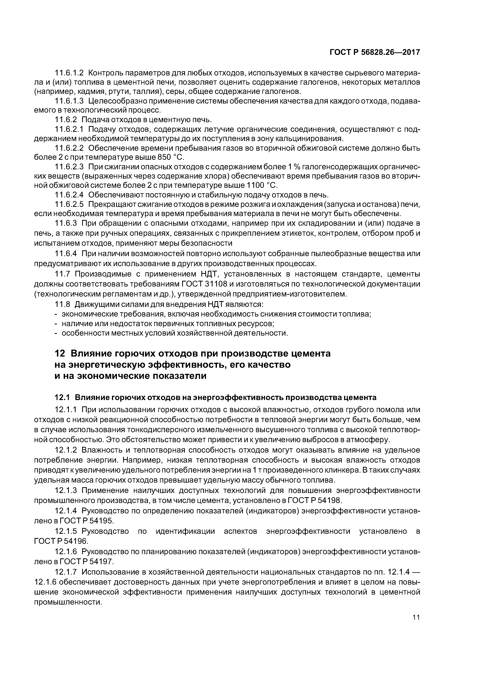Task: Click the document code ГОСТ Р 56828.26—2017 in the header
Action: [x=375, y=52]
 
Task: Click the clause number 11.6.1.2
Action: [x=69, y=73]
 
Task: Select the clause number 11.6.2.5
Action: [x=69, y=204]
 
